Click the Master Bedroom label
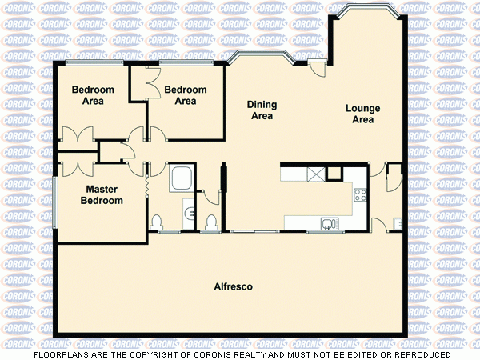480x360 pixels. point(102,194)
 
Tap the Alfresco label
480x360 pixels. point(234,286)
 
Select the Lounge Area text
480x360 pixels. point(362,114)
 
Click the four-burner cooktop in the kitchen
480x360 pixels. point(359,193)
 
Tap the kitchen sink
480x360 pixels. point(328,222)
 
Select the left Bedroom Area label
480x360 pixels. point(93,95)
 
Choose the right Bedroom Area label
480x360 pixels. point(185,95)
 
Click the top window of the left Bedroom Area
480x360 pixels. point(94,62)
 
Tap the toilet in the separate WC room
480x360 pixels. point(211,222)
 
